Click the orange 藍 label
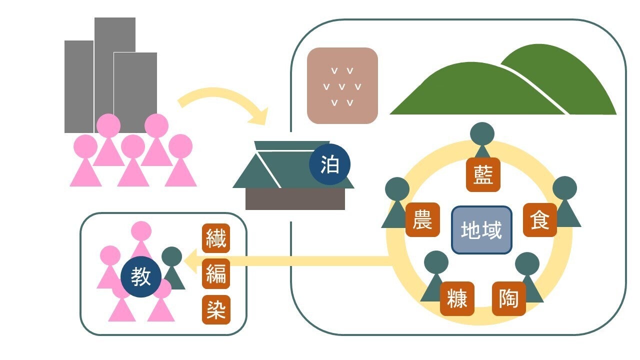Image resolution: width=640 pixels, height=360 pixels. [483, 175]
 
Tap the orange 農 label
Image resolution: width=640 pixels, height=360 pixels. [422, 220]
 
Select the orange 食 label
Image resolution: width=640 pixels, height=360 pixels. [540, 220]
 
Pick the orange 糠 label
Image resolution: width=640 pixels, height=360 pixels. [457, 299]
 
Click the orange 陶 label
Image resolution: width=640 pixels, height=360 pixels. [508, 299]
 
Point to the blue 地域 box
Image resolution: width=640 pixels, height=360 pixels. [481, 230]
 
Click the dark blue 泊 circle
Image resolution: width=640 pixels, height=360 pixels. [329, 164]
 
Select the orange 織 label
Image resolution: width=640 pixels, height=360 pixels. [216, 238]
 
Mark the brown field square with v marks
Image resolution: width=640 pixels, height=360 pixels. [342, 85]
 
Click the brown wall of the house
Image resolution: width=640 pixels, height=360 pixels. [295, 199]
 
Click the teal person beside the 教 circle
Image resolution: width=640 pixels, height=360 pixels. [173, 265]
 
